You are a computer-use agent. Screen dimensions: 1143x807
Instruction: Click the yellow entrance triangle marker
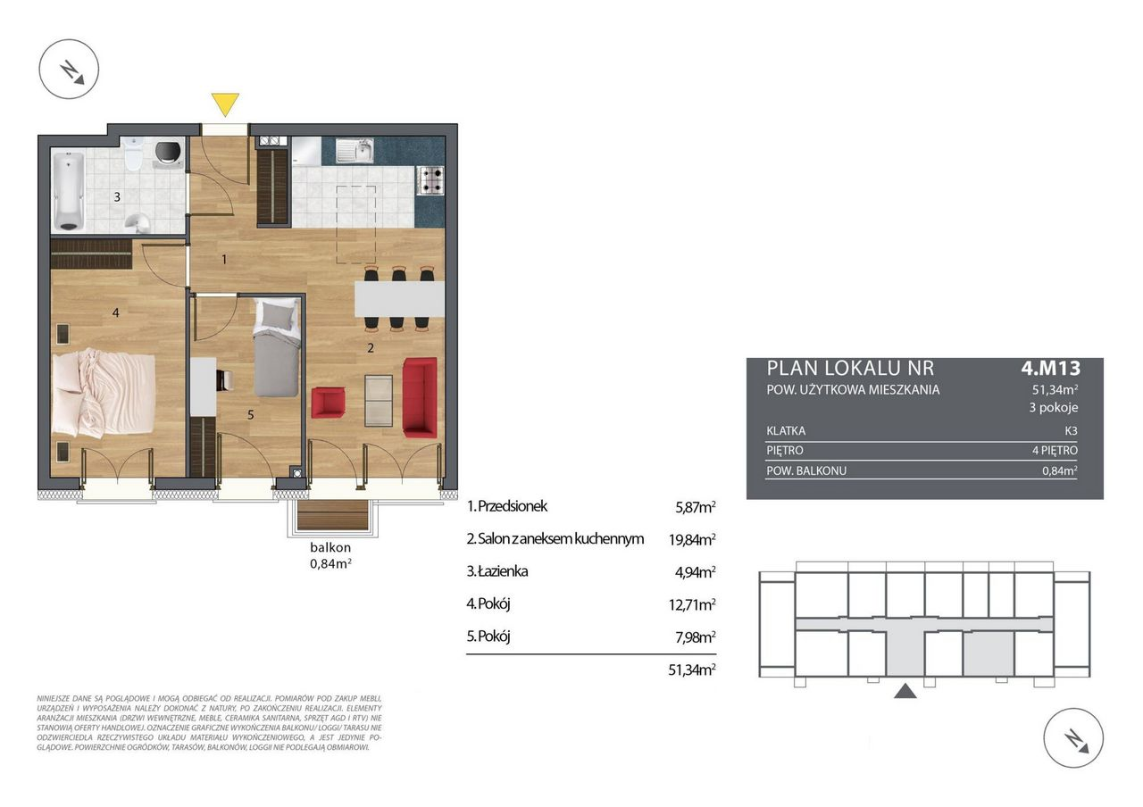coord(225,104)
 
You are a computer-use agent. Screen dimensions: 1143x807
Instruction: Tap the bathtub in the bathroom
coord(69,191)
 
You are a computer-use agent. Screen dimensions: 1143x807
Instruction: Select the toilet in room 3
coord(134,154)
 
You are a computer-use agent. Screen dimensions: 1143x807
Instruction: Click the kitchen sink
coord(355,150)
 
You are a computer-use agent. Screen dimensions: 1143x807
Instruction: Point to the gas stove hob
coord(430,180)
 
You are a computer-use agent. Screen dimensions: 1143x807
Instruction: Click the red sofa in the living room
coord(420,398)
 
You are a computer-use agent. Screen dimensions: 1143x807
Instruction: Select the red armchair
coord(328,403)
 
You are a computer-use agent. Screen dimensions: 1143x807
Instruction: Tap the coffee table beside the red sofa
coord(379,401)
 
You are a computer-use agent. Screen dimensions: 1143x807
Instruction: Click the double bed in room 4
coord(104,393)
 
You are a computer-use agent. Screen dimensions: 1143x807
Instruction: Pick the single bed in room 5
coord(277,347)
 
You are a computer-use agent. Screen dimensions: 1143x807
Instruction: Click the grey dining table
coord(399,299)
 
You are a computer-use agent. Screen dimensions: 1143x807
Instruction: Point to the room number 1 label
coord(224,260)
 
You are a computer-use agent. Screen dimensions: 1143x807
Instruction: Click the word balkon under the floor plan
coord(330,548)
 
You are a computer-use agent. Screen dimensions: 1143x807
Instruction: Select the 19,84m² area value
coord(692,540)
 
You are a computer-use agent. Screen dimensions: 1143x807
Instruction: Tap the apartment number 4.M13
coord(1051,368)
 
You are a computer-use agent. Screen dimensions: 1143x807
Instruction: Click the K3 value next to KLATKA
coord(1071,431)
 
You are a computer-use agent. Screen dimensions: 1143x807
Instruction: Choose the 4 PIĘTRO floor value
coord(1055,451)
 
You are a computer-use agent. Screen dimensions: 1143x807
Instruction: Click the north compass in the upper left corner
coord(69,69)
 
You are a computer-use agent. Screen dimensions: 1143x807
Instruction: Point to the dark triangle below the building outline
coord(905,691)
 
